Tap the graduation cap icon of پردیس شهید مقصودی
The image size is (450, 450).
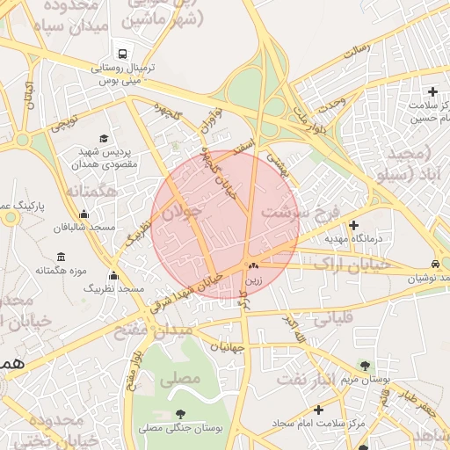[105, 138]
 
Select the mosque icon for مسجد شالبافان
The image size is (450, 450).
[83, 214]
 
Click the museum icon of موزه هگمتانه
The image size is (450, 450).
[60, 257]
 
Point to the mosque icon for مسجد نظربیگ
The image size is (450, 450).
[112, 275]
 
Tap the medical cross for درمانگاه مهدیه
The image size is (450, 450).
[353, 225]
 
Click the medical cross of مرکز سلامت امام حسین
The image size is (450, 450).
[432, 91]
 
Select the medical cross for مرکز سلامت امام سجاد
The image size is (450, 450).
[318, 410]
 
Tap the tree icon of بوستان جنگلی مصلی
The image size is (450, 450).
[180, 413]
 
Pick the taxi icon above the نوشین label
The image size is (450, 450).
[436, 264]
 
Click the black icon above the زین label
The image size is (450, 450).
[253, 265]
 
